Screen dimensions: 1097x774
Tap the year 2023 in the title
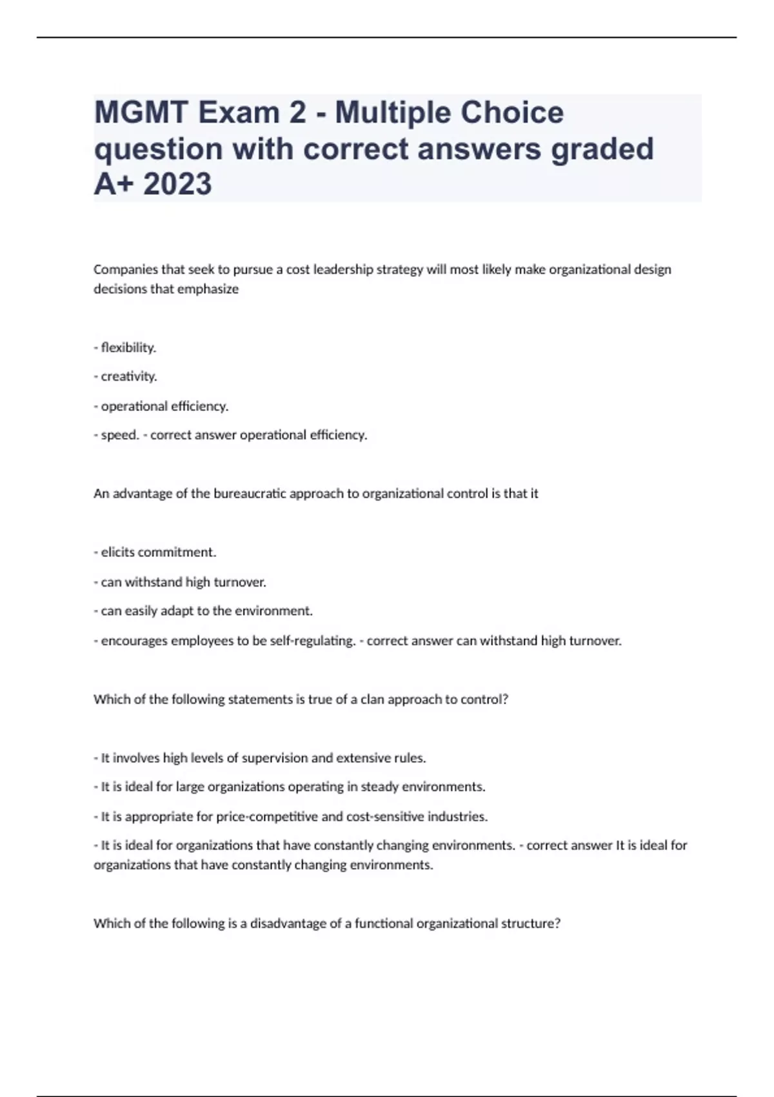point(177,184)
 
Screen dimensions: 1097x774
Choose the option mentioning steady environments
point(290,787)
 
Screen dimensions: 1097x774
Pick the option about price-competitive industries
point(291,816)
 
